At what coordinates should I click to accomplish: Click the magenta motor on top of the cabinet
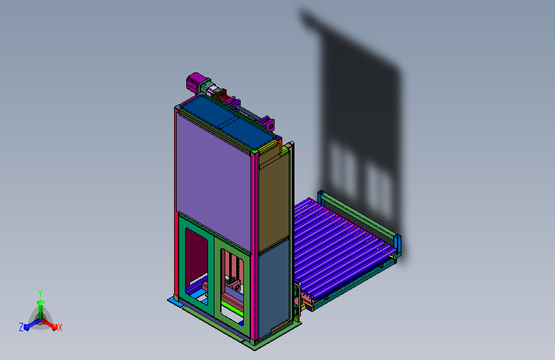pyautogui.click(x=194, y=82)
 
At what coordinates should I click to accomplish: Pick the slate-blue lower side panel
pyautogui.click(x=274, y=288)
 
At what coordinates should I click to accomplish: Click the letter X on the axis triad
pyautogui.click(x=60, y=328)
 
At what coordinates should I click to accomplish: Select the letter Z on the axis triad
pyautogui.click(x=21, y=327)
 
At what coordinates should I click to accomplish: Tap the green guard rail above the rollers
pyautogui.click(x=359, y=215)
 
